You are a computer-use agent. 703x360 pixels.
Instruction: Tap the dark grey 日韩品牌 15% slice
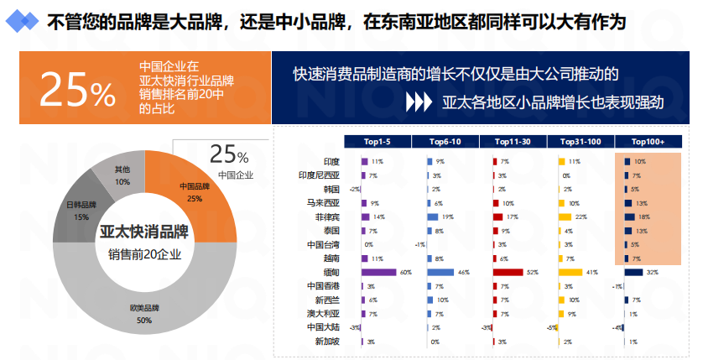click(81, 210)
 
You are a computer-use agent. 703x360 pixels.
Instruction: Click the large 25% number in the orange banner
click(76, 91)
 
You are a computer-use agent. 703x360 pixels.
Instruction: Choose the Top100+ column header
click(648, 142)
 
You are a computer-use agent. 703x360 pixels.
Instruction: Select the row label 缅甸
click(331, 272)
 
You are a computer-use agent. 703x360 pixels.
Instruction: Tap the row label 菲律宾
click(326, 217)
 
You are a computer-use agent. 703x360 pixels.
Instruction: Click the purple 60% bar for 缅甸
click(378, 272)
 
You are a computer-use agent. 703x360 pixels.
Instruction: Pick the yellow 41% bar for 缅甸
click(570, 272)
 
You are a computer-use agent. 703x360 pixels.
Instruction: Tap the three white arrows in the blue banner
click(417, 102)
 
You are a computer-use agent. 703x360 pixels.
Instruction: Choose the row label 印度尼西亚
click(320, 175)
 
